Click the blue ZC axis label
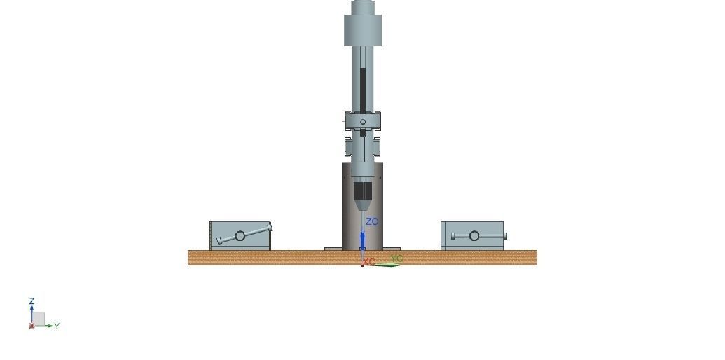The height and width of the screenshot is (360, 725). point(371,222)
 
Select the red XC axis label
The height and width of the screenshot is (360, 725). point(369,262)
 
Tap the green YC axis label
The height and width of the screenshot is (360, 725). point(396,259)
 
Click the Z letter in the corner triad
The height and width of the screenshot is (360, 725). point(32,301)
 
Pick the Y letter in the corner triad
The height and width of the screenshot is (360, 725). point(57,326)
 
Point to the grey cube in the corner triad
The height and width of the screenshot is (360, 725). point(39,319)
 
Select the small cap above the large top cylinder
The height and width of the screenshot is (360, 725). point(363,7)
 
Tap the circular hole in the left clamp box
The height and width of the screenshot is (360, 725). point(240,236)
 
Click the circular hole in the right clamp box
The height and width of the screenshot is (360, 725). point(474,235)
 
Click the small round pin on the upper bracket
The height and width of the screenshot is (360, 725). point(363,122)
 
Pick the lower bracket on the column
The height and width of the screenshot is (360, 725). point(362,146)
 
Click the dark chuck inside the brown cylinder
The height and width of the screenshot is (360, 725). point(362,191)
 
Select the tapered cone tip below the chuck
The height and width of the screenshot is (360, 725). point(362,205)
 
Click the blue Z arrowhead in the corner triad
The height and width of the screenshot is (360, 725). point(32,308)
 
